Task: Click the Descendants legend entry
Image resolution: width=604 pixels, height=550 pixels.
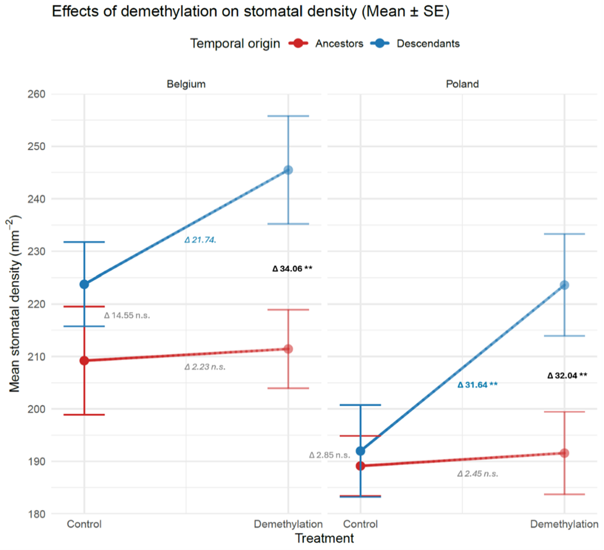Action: [x=416, y=43]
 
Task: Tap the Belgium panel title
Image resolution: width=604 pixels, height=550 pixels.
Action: [x=186, y=84]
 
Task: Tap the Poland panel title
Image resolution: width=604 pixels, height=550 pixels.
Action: [x=462, y=84]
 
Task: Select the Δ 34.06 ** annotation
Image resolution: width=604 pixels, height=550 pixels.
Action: [x=292, y=268]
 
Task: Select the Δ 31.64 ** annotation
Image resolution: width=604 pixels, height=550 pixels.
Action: [x=477, y=385]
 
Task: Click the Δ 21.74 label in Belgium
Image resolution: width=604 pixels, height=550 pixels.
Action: [x=200, y=240]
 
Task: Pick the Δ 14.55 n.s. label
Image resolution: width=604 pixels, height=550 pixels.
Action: [x=127, y=316]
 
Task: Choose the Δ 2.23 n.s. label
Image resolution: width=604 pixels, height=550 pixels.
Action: [x=205, y=367]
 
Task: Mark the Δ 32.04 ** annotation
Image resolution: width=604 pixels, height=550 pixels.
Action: [x=567, y=375]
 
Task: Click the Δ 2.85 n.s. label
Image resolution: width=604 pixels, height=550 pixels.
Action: [x=330, y=455]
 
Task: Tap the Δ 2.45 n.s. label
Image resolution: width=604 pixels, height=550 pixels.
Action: [x=477, y=474]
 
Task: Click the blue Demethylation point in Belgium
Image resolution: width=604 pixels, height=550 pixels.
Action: [x=288, y=170]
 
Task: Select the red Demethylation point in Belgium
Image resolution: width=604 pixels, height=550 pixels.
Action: [x=288, y=349]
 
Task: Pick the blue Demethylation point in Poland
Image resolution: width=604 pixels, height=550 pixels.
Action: [x=564, y=285]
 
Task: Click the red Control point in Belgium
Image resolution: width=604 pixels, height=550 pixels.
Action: [x=84, y=361]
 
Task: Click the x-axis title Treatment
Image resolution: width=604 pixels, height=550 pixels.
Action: [x=324, y=539]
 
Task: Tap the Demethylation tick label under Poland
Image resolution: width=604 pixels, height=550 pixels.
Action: [x=564, y=524]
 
